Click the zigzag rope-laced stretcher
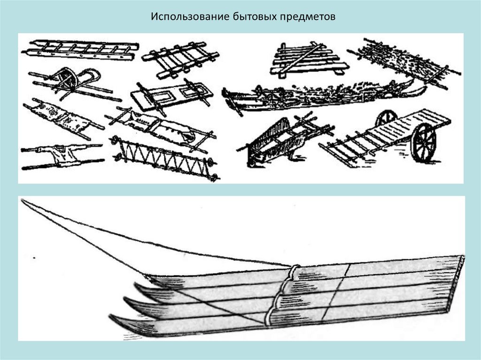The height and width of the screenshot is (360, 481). coord(164,157)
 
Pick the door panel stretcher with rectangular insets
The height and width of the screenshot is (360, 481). coord(171,95)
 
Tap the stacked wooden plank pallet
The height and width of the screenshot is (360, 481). coord(308,60)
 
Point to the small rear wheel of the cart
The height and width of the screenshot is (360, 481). coord(386,118)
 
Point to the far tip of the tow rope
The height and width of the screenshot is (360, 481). coord(23,200)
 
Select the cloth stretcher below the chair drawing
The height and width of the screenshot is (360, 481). coord(63,117)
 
